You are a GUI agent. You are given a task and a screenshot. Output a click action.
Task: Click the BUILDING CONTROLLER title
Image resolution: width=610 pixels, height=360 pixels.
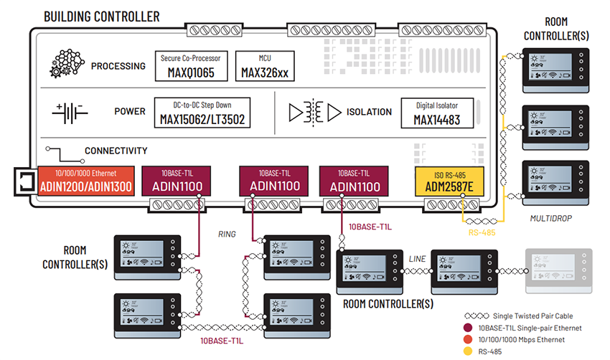click(101, 16)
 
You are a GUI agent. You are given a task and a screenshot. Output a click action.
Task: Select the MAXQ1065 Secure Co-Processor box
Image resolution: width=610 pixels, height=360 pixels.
click(191, 65)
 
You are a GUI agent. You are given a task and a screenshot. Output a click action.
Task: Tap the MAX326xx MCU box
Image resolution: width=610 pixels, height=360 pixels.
click(265, 65)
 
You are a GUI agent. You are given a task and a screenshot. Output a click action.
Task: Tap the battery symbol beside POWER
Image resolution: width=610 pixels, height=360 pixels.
click(70, 112)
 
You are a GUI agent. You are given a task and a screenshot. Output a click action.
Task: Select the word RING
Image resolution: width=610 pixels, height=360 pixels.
click(227, 234)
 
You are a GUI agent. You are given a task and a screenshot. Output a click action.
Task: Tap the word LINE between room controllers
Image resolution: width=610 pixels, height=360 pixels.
click(417, 257)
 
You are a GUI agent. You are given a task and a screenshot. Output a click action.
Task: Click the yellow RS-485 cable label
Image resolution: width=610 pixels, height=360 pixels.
click(483, 232)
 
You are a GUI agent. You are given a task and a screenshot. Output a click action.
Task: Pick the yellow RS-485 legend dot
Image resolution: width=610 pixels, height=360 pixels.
click(468, 351)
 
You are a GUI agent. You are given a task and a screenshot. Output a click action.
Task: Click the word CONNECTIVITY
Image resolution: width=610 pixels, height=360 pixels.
click(116, 151)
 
